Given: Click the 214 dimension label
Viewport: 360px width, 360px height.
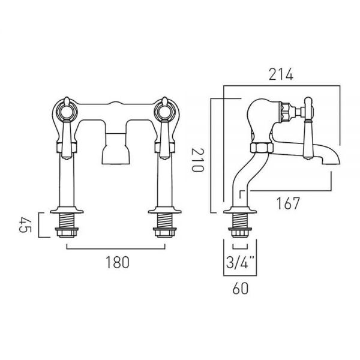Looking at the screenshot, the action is point(281,74).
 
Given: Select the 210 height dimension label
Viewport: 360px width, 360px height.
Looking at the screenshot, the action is point(197,160).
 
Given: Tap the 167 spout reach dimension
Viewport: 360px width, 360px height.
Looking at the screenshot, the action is point(288,203).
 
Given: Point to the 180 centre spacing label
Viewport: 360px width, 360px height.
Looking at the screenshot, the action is point(118,262).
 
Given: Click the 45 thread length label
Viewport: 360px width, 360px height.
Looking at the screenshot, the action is point(25,225).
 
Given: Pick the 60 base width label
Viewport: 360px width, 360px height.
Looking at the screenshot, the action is point(241,289).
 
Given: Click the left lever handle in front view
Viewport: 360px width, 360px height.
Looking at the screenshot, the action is point(67,128).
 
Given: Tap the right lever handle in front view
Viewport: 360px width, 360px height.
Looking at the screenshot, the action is point(164,128).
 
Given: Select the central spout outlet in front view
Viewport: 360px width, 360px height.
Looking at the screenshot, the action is point(115,149).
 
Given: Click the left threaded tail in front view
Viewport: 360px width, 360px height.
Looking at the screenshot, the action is point(67,221).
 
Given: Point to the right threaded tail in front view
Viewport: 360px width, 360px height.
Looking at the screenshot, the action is point(164,221).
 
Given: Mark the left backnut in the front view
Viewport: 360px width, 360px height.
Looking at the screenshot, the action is point(67,233).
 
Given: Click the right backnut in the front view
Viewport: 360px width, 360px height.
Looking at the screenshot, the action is point(164,233).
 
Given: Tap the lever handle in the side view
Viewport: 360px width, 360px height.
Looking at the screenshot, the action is point(308,128).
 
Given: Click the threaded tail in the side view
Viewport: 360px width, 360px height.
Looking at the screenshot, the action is point(239,221).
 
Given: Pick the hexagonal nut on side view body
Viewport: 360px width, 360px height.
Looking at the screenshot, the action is point(262,148).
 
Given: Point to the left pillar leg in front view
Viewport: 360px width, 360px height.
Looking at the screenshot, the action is point(67,181).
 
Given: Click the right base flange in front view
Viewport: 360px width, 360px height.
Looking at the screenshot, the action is point(164,210).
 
